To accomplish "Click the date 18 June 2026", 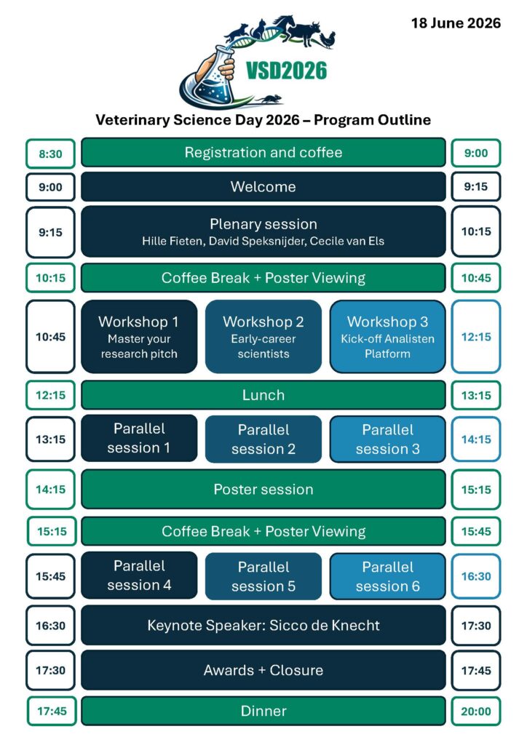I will click(x=456, y=23).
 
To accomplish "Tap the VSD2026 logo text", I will click(x=286, y=71).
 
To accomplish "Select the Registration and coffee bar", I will click(x=263, y=153).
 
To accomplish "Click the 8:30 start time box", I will click(x=50, y=154).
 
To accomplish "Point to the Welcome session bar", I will click(x=263, y=187).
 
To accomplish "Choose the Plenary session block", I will click(x=263, y=231).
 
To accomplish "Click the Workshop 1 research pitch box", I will click(x=138, y=337).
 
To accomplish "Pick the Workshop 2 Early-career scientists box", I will click(x=263, y=337).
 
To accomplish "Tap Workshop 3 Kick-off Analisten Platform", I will click(x=387, y=337).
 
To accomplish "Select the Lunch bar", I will click(x=263, y=395).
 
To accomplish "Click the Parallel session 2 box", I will click(x=263, y=439).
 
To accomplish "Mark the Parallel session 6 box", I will click(x=387, y=576).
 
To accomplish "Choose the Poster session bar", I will click(x=263, y=489).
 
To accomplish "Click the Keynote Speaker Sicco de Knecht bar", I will click(x=263, y=625).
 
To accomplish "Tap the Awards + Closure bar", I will click(x=263, y=670).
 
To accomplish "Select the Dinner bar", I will click(x=263, y=711).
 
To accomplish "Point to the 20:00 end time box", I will click(x=476, y=712).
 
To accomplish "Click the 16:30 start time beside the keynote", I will click(x=50, y=625).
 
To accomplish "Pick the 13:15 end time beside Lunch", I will click(x=476, y=396).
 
